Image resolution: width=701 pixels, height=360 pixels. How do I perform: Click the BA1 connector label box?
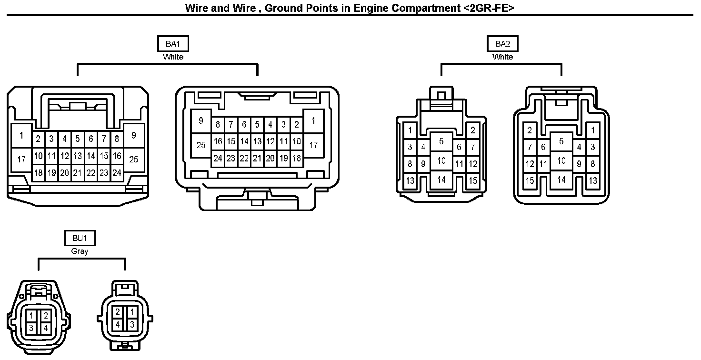coord(173,44)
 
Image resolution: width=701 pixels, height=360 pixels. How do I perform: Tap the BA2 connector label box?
coord(503,44)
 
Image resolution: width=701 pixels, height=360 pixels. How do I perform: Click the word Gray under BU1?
coord(80,251)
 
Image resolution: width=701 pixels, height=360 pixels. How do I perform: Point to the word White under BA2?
coord(503,57)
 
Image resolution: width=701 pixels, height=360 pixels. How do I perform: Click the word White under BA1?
coord(173,57)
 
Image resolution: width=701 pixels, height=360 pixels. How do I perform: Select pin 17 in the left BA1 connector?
coord(21,159)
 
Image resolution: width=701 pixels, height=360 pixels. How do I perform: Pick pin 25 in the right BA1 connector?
coord(201,145)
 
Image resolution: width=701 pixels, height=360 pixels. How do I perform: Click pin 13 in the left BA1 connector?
coord(78,156)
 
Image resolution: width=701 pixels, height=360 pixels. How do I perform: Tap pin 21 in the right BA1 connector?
coord(257,158)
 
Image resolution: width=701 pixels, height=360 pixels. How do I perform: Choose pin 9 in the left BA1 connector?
coord(134,136)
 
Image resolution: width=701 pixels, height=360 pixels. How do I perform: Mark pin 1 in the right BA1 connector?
coord(313,121)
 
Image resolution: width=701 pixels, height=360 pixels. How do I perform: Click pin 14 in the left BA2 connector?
coord(441,180)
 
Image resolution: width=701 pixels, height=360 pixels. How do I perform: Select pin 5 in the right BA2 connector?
coord(561,141)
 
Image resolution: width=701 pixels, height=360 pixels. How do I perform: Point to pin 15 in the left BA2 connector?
coord(473,180)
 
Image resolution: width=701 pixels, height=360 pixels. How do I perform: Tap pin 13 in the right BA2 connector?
coord(593,180)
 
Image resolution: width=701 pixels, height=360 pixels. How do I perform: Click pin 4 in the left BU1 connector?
coord(45,328)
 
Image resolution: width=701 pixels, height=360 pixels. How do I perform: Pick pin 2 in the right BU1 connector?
coord(118,312)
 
